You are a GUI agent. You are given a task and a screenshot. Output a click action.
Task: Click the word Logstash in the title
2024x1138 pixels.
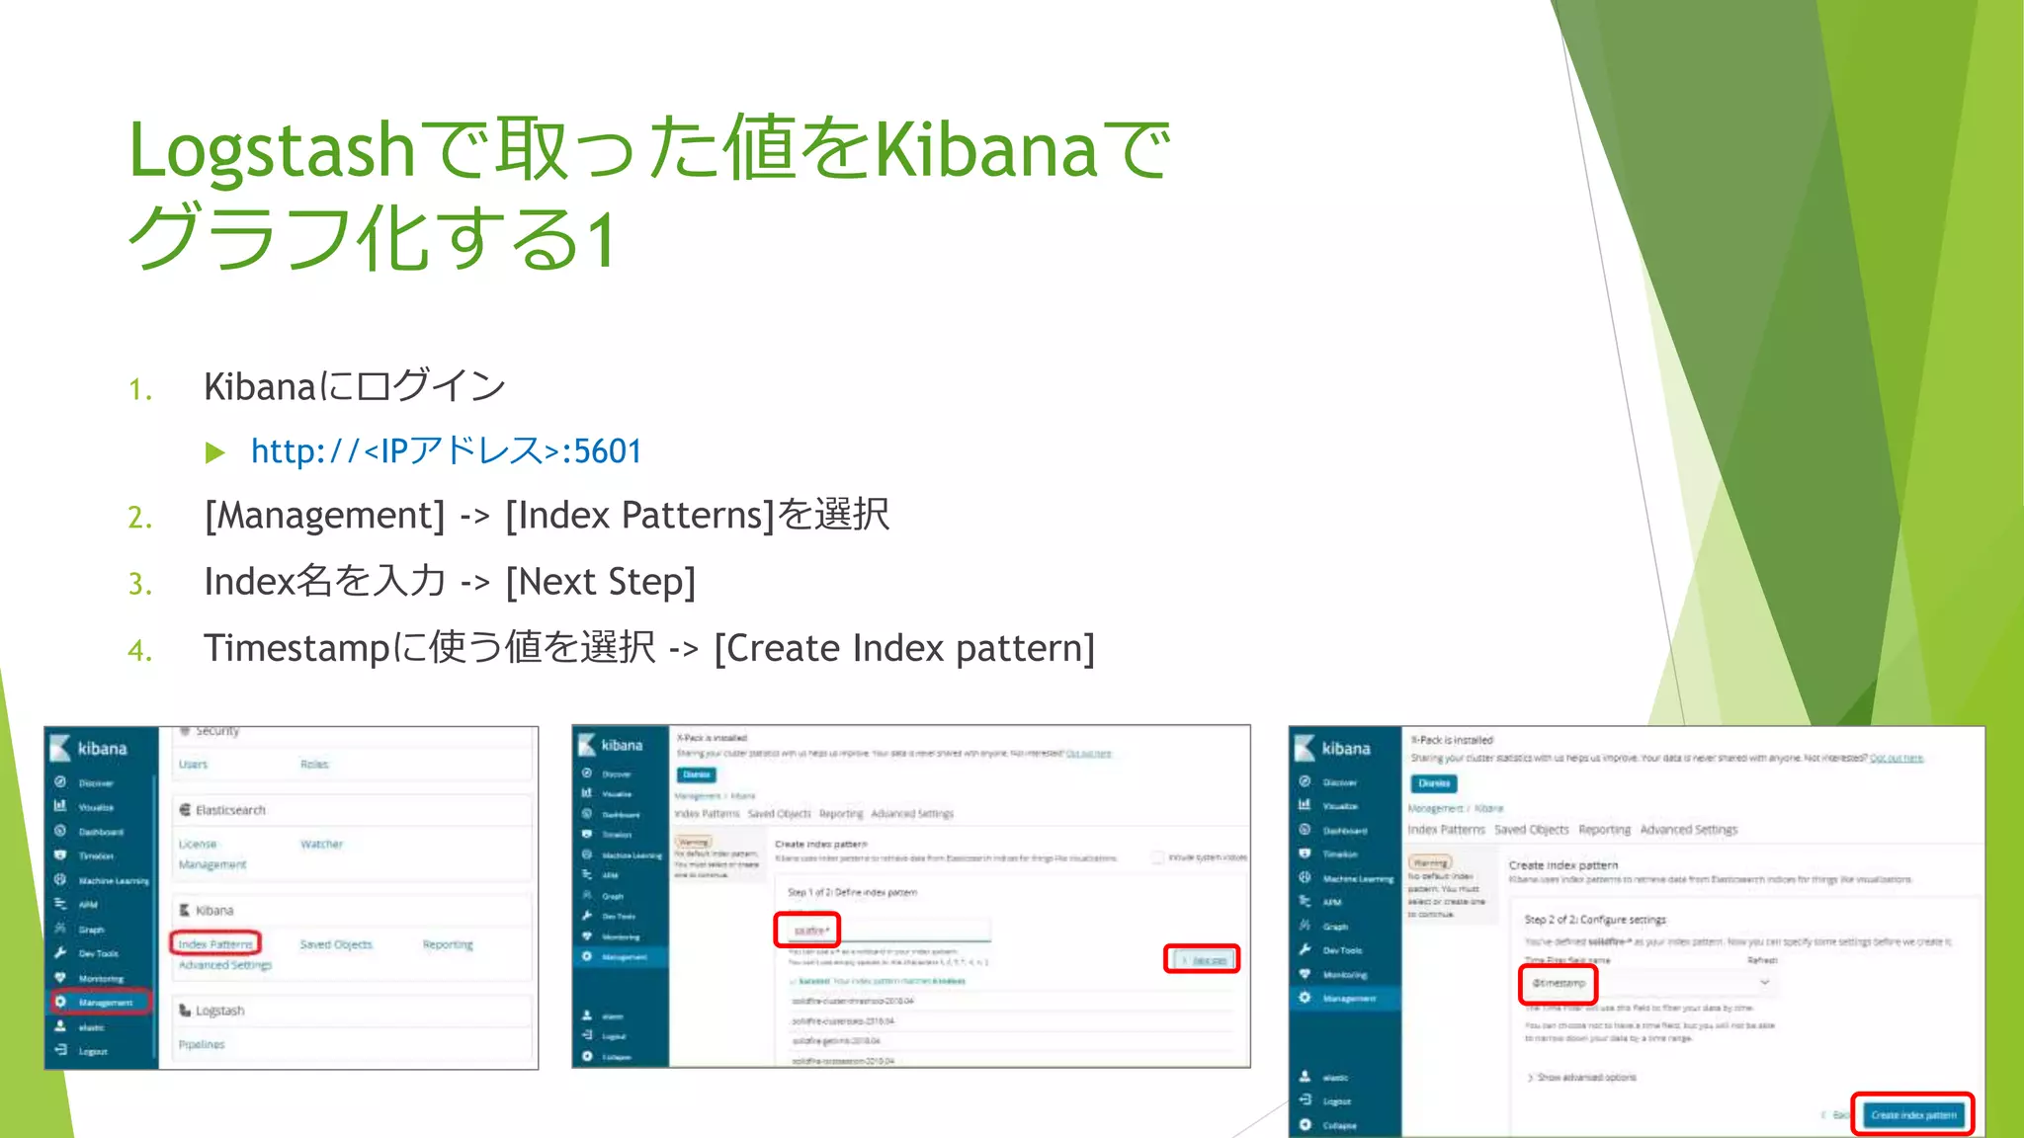pyautogui.click(x=271, y=151)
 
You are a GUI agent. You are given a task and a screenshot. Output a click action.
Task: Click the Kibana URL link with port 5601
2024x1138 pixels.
pyautogui.click(x=446, y=451)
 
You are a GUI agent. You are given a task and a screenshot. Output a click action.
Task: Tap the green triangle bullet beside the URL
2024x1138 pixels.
pyautogui.click(x=214, y=453)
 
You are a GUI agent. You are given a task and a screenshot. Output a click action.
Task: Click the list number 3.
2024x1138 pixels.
pyautogui.click(x=140, y=584)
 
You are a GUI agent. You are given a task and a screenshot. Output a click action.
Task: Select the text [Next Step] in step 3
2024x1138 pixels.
pyautogui.click(x=600, y=582)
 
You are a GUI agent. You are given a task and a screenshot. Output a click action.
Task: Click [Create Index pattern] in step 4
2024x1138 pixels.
pyautogui.click(x=903, y=648)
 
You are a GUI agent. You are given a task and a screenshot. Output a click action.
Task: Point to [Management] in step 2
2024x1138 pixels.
pyautogui.click(x=325, y=516)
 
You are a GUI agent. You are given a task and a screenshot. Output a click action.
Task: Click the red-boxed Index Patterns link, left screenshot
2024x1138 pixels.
pyautogui.click(x=215, y=943)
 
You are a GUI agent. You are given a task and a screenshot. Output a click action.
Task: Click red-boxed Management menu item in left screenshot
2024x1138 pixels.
pyautogui.click(x=102, y=1002)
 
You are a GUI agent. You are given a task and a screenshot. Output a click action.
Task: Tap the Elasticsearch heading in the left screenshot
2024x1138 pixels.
pyautogui.click(x=229, y=810)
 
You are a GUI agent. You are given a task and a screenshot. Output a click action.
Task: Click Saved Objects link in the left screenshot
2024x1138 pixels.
pyautogui.click(x=336, y=944)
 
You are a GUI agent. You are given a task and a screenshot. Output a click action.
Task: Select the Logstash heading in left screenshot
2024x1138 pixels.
pyautogui.click(x=218, y=1011)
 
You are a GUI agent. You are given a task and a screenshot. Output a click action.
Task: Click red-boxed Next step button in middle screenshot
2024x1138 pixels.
pyautogui.click(x=1203, y=959)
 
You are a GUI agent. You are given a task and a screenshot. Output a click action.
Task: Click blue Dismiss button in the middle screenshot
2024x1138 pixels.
pyautogui.click(x=696, y=774)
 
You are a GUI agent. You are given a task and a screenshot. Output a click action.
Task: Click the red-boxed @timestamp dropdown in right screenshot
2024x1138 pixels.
pyautogui.click(x=1559, y=983)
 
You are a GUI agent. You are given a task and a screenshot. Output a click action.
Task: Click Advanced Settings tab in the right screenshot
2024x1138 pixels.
pyautogui.click(x=1688, y=830)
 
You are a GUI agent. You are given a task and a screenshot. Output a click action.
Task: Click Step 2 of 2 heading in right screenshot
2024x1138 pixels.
pyautogui.click(x=1594, y=920)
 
